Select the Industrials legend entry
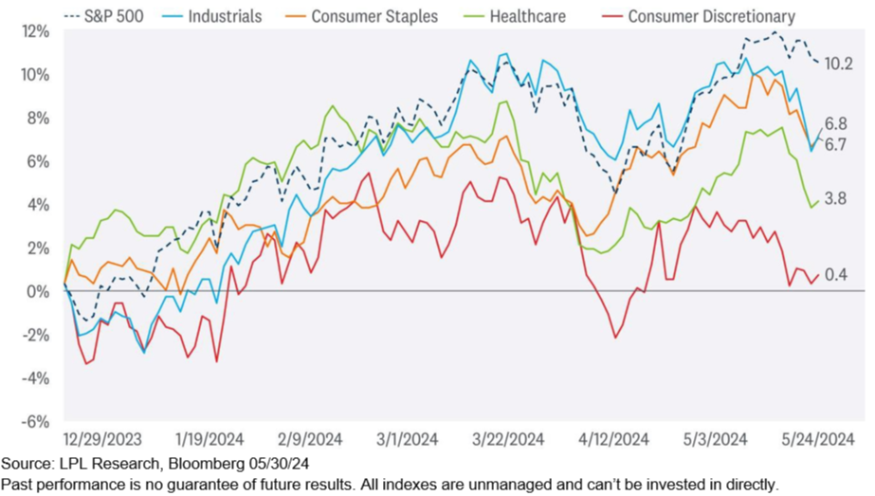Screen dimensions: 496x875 [x=222, y=16]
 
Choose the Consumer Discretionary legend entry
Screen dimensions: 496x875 [x=711, y=16]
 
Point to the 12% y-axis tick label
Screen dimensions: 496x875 [x=35, y=30]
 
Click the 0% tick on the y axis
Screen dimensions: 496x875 [x=40, y=291]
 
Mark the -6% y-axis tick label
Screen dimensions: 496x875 [x=37, y=421]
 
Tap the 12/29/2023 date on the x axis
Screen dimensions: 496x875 [x=101, y=439]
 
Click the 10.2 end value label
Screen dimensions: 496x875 [x=838, y=64]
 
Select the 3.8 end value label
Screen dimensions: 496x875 [x=835, y=199]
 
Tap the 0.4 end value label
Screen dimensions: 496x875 [x=835, y=275]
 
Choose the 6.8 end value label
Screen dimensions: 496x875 [x=835, y=123]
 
